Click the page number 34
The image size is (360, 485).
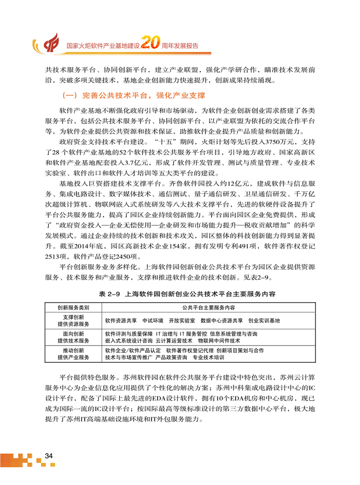[49, 454]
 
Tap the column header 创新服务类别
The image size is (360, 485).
[72, 307]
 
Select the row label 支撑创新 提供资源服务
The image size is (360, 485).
[73, 320]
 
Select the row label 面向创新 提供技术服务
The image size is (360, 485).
[73, 337]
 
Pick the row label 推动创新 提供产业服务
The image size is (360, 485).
[73, 353]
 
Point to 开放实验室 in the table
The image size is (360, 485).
[181, 320]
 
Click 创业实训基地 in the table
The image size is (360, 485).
[264, 320]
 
